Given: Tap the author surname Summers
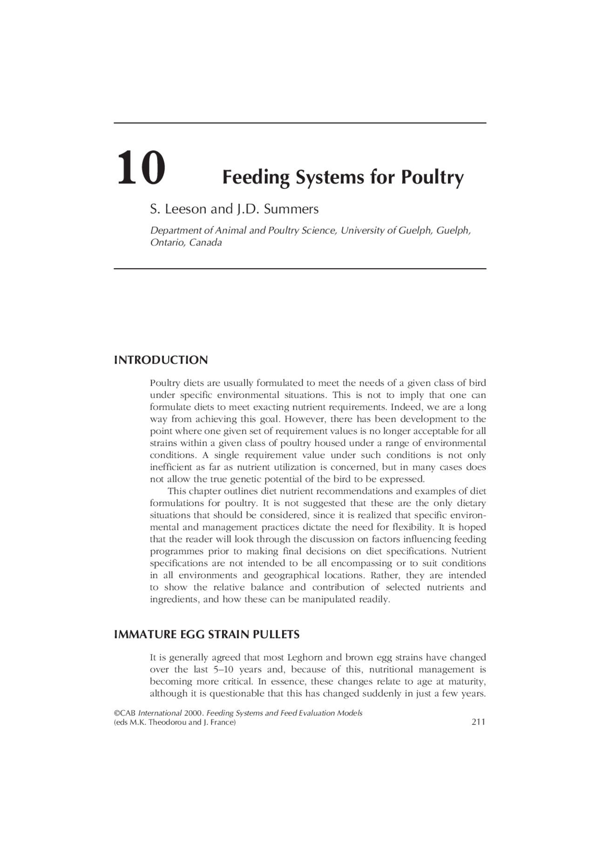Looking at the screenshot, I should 291,209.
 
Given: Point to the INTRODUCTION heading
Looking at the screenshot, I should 161,360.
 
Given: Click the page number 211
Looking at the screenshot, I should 478,722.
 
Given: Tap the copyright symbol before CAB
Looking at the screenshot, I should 117,713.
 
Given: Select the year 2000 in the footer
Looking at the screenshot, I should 193,713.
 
